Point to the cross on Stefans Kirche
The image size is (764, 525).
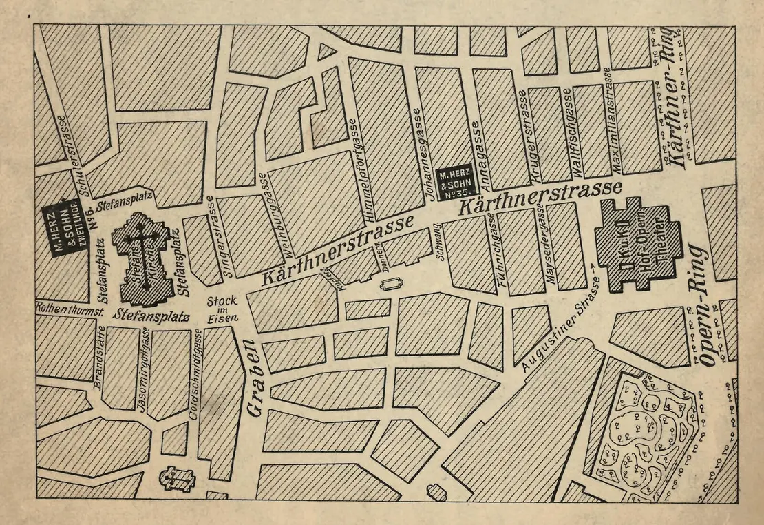(140, 235)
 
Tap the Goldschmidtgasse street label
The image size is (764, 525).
(194, 375)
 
